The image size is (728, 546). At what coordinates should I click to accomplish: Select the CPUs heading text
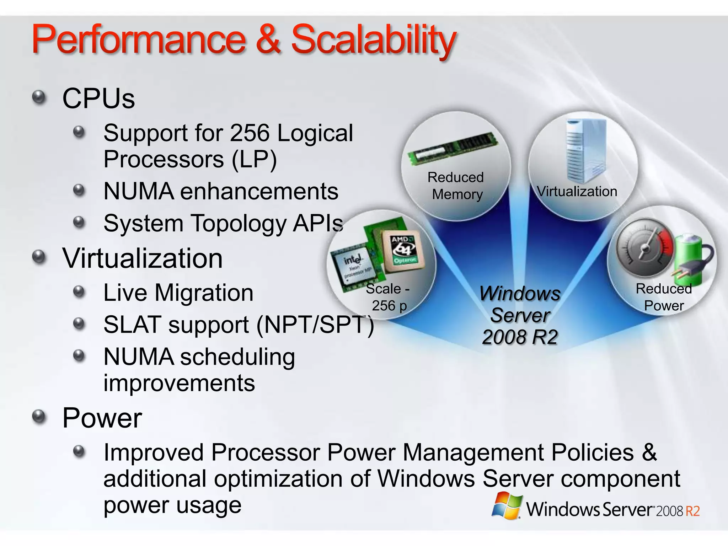pyautogui.click(x=98, y=98)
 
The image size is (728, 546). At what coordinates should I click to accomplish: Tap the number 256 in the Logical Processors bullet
pyautogui.click(x=250, y=133)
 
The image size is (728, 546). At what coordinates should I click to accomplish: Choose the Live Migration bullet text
pyautogui.click(x=178, y=293)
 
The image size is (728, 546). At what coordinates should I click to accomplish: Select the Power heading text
pyautogui.click(x=102, y=418)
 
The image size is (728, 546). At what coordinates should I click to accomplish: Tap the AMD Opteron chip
pyautogui.click(x=403, y=251)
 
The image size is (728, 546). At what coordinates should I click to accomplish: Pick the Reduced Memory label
pyautogui.click(x=456, y=186)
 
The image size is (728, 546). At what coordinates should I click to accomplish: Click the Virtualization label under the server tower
pyautogui.click(x=577, y=192)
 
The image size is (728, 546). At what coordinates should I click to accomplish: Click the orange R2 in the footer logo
pyautogui.click(x=692, y=511)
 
